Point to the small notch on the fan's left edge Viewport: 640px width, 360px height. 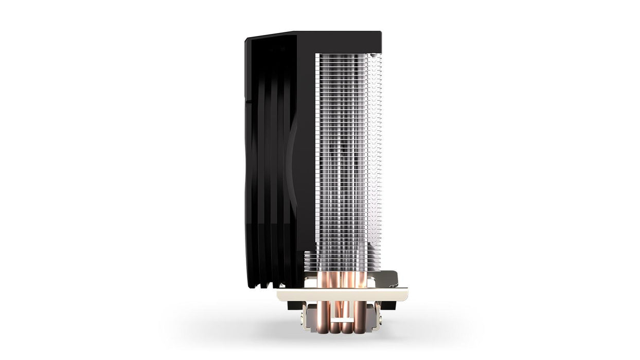246,101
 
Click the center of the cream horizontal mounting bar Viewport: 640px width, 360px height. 342,295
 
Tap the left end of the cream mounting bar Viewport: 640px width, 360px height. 280,295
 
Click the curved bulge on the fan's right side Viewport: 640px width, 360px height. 292,170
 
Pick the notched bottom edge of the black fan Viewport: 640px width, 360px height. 270,284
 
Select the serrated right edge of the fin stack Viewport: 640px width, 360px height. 380,154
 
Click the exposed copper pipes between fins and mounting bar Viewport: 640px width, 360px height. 340,280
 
